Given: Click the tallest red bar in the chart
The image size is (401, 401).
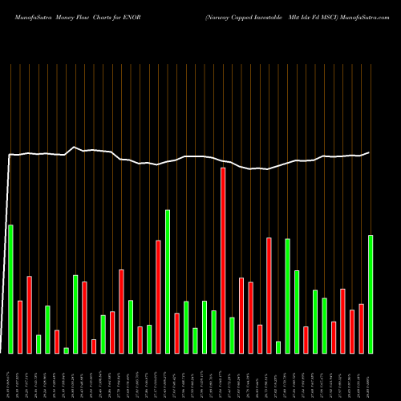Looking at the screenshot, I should [223, 260].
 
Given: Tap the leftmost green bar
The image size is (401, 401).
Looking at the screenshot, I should [10, 289].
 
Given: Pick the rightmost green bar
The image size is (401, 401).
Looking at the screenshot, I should [371, 294].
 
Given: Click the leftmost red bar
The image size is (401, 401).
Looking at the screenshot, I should [20, 326].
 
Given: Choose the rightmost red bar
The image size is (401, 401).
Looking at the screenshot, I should [361, 328].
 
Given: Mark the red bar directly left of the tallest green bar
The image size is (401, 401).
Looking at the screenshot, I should [158, 296].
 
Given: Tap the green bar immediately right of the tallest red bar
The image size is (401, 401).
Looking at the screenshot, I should [232, 335].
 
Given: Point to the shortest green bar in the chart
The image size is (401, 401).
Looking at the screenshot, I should [67, 350].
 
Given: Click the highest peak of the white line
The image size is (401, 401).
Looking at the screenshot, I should [75, 147].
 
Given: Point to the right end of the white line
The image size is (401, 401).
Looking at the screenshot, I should [370, 152].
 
